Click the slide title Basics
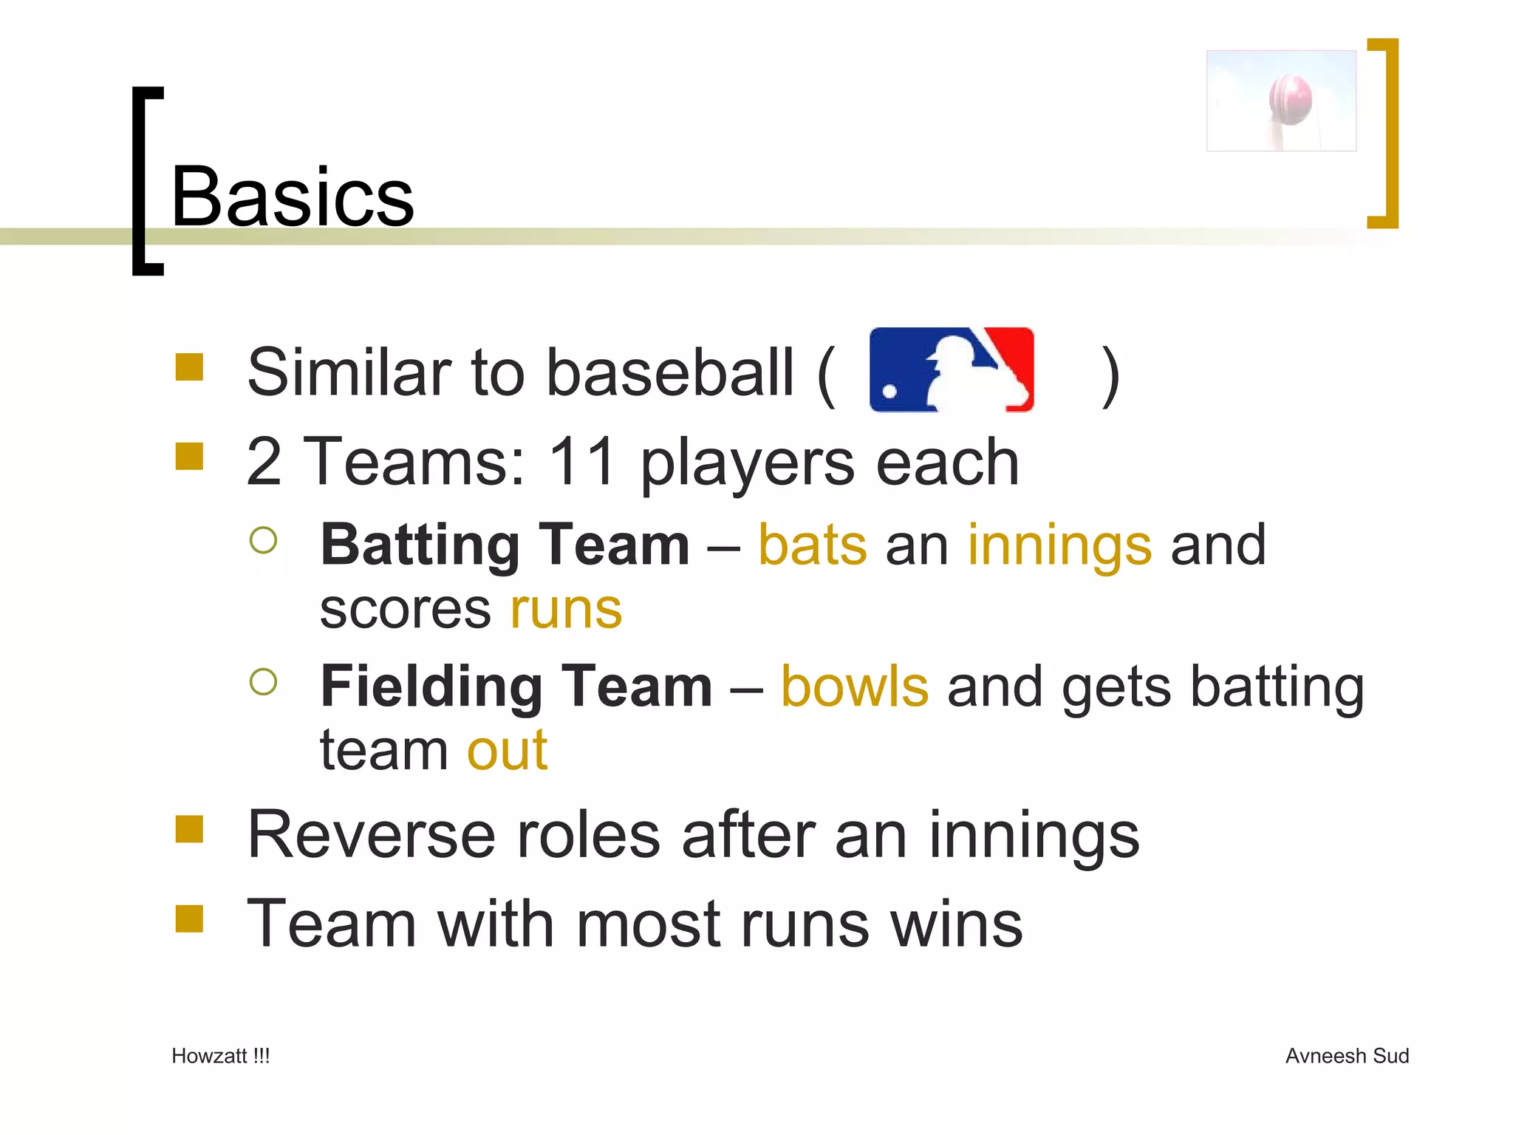coord(293,197)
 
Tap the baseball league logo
coord(952,369)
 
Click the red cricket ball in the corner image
coord(1290,99)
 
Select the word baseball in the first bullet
coord(670,372)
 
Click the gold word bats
coord(813,545)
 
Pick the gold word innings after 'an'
coord(1059,545)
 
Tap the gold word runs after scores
coord(566,610)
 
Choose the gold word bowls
coord(854,686)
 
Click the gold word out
coord(508,751)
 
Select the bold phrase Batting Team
coord(505,545)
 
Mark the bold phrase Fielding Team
coord(516,686)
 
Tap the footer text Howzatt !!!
coord(220,1056)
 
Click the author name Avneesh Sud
coord(1347,1056)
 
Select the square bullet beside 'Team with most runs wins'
coord(189,919)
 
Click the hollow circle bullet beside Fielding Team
coord(263,681)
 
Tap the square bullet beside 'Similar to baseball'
coord(189,367)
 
